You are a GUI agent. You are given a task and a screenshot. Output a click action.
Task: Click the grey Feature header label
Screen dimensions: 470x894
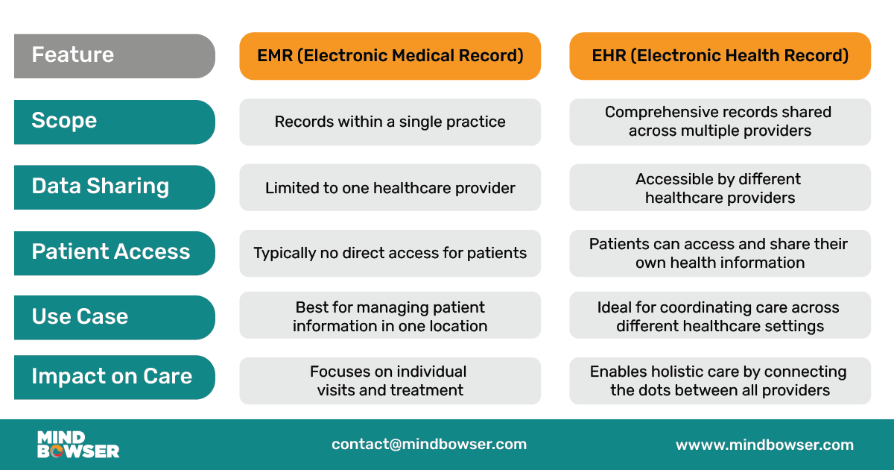point(114,56)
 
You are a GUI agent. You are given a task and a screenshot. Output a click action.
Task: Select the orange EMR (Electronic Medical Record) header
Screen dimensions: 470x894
point(390,56)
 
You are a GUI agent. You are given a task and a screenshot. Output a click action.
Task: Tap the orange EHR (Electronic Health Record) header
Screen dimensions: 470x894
point(720,56)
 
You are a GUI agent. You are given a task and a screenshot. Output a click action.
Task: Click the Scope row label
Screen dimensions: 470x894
point(114,122)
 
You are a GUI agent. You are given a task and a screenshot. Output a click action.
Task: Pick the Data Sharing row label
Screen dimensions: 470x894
point(114,187)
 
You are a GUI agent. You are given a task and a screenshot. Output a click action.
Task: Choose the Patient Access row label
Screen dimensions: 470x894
point(114,253)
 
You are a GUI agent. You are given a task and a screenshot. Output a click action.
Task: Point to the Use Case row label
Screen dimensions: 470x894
point(114,317)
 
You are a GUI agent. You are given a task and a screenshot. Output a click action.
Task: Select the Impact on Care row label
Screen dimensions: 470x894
point(114,377)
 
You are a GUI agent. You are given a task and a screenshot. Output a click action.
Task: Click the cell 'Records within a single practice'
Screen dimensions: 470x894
point(390,122)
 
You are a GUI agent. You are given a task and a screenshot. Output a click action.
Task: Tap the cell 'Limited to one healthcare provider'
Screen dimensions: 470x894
point(390,188)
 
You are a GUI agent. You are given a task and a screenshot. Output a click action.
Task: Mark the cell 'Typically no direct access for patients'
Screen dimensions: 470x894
point(390,253)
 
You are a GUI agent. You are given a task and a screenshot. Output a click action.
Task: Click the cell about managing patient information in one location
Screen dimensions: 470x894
point(390,316)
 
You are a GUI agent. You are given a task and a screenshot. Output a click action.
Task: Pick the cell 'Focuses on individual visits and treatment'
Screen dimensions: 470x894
point(390,380)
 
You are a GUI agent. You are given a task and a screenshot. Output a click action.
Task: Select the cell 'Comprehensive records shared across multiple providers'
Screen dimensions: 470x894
point(720,122)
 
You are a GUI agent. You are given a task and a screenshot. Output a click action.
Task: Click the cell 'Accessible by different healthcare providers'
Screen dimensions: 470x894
point(720,188)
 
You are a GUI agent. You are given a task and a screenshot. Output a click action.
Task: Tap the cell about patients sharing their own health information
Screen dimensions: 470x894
point(720,253)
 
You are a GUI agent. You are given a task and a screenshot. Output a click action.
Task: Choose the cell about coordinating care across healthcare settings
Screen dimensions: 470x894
point(720,316)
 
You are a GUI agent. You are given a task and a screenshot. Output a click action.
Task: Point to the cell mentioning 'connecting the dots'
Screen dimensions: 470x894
point(720,380)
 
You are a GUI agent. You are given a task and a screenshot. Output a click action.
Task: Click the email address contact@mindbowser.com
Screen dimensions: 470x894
point(429,445)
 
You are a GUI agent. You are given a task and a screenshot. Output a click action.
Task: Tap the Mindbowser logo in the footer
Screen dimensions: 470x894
point(77,445)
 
